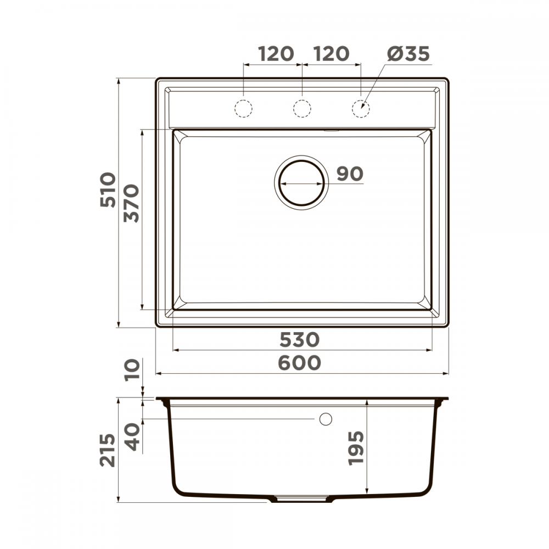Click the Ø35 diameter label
click(x=408, y=54)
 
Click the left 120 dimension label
click(x=276, y=54)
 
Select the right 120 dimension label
click(x=331, y=54)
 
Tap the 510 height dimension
click(x=108, y=190)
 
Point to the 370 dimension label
click(x=131, y=204)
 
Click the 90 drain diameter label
click(x=350, y=173)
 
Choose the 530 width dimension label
click(x=300, y=340)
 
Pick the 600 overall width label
click(x=299, y=363)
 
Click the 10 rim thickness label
click(x=132, y=369)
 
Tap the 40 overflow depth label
click(x=132, y=437)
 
